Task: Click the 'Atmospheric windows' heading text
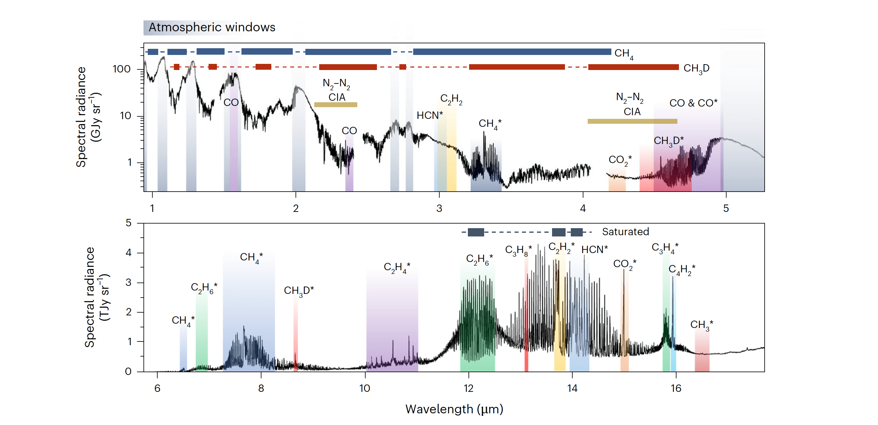click(x=212, y=27)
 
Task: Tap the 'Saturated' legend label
click(x=625, y=232)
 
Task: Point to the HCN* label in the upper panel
click(x=429, y=115)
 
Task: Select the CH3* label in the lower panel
click(x=701, y=325)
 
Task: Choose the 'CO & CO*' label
click(x=693, y=103)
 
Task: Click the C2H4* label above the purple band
click(x=397, y=267)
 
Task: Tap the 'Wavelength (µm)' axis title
click(x=454, y=409)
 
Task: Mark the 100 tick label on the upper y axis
click(x=122, y=69)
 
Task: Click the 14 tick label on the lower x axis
click(x=572, y=388)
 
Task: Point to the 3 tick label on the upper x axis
click(x=439, y=208)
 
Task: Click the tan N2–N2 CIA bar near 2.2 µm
click(x=335, y=105)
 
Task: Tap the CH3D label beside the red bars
click(x=696, y=68)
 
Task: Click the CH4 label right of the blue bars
click(x=623, y=53)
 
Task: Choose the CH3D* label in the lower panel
click(x=299, y=291)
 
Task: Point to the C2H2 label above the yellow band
click(x=451, y=99)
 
